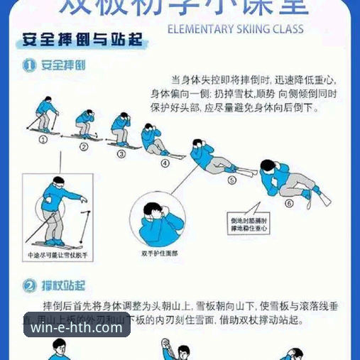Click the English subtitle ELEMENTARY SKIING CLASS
(235, 29)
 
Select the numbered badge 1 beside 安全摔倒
(29, 65)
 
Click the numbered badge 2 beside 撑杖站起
(29, 286)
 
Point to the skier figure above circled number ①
(45, 115)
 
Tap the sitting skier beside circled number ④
(153, 139)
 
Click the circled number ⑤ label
(231, 180)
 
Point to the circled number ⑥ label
(288, 203)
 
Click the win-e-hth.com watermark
(77, 329)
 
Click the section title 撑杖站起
(63, 286)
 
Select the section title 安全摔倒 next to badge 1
(63, 65)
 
